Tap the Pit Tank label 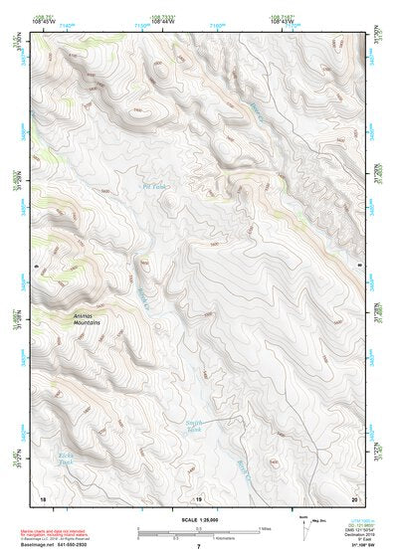click(x=152, y=186)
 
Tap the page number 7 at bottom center click(x=198, y=547)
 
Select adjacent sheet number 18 click(x=42, y=497)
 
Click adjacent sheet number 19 click(x=198, y=497)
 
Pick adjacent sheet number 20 click(x=354, y=497)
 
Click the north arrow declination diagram click(x=304, y=524)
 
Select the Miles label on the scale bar click(x=265, y=528)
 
